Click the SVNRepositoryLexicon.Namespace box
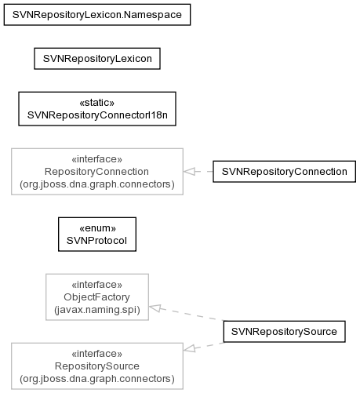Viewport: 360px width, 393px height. (97, 15)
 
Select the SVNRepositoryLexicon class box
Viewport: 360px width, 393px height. (97, 59)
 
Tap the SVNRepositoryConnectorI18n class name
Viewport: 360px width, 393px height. (97, 115)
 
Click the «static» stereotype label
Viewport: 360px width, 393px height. (97, 103)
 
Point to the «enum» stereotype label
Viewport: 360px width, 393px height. (97, 228)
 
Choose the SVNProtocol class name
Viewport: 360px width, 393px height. (96, 241)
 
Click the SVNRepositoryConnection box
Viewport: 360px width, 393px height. (285, 172)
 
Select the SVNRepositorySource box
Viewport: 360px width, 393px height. (285, 332)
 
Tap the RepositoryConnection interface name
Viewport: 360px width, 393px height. (96, 172)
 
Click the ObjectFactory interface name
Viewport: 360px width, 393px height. (96, 297)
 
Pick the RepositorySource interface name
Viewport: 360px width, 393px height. (97, 366)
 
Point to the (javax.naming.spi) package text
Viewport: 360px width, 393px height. (97, 310)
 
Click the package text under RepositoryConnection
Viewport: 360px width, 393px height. (97, 184)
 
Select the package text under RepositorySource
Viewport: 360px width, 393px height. (97, 379)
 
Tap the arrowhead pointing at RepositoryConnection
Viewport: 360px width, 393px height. (189, 172)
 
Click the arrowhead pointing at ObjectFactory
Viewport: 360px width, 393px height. (155, 308)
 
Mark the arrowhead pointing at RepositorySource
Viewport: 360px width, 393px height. (189, 349)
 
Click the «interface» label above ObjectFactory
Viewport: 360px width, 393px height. (96, 285)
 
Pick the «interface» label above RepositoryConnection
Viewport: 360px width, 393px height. (96, 159)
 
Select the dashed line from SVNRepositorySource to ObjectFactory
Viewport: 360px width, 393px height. (186, 314)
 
